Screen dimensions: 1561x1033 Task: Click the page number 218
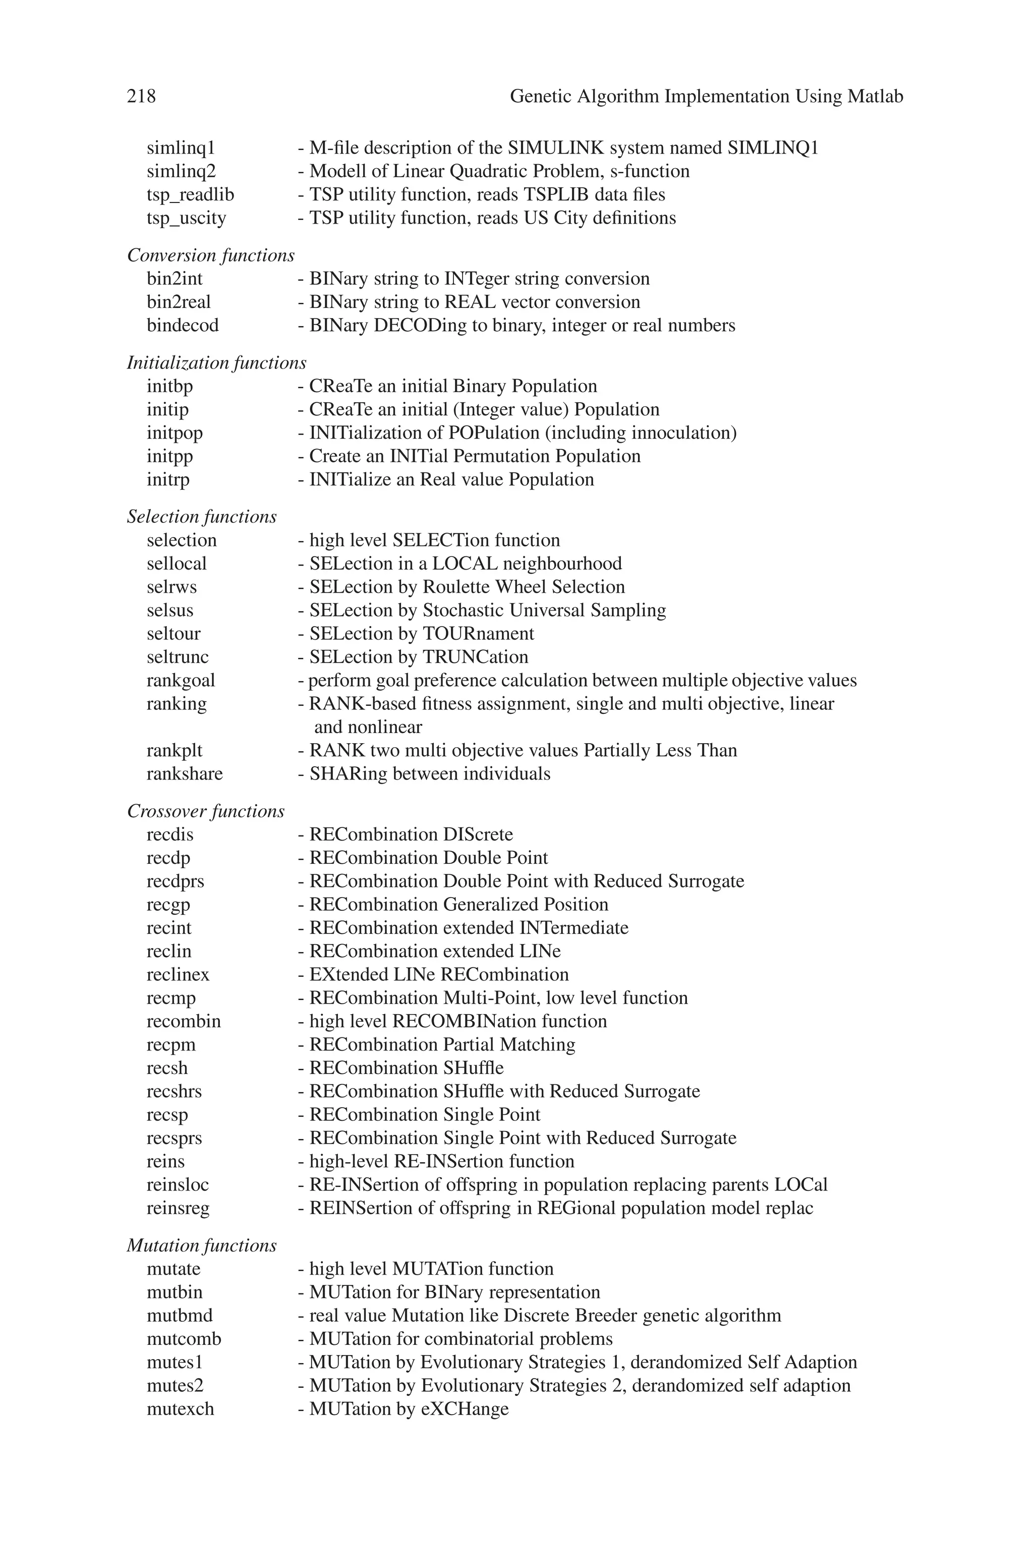coord(142,97)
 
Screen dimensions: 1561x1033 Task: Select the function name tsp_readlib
coord(190,195)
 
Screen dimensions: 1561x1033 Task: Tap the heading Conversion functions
coord(211,256)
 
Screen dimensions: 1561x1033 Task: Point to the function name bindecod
coord(183,326)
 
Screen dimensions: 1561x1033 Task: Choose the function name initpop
coord(175,433)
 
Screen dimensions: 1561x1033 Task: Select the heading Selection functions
coord(202,517)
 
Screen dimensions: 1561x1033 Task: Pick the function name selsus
coord(170,610)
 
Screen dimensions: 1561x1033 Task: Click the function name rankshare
coord(185,774)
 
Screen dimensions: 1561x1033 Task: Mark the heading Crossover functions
coord(206,811)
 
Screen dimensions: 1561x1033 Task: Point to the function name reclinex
coord(178,975)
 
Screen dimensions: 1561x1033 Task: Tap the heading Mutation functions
coord(202,1246)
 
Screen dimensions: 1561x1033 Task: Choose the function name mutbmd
coord(179,1316)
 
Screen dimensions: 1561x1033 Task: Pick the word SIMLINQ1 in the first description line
coord(773,148)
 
